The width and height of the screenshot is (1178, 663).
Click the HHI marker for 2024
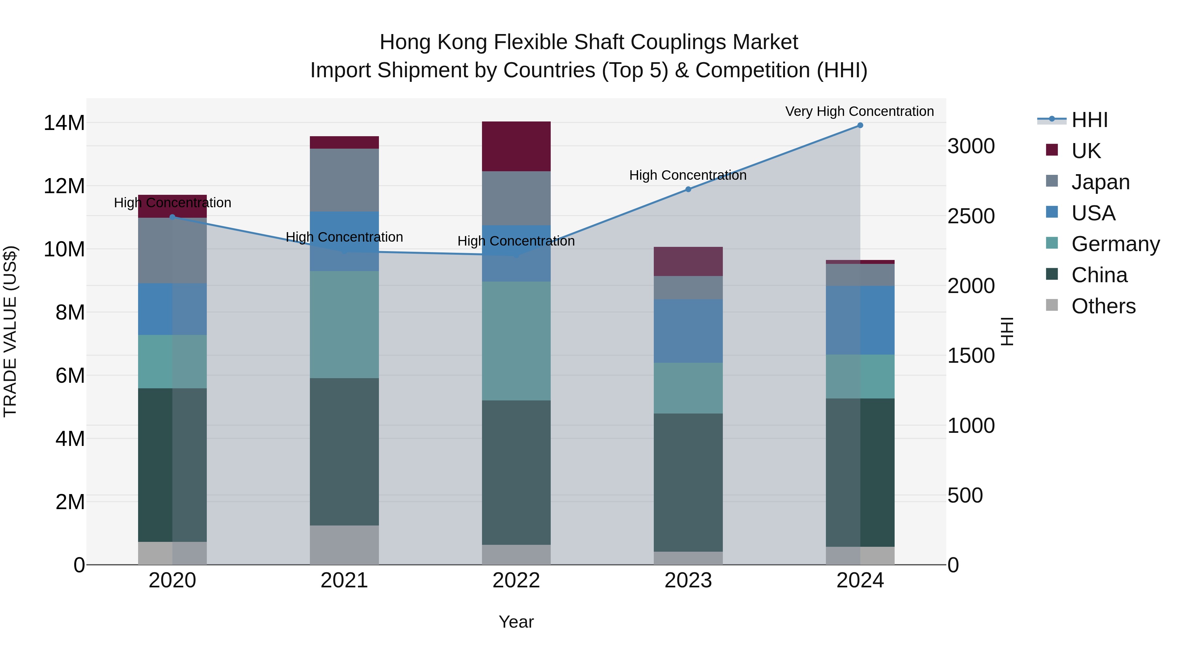[x=860, y=125]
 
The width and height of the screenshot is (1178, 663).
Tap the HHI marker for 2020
[x=172, y=217]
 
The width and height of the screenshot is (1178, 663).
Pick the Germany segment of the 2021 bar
[x=344, y=324]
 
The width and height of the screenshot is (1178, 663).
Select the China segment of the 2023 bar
[x=688, y=482]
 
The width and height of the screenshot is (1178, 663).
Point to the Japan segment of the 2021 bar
[x=344, y=180]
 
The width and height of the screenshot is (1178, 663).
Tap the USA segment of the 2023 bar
[x=688, y=331]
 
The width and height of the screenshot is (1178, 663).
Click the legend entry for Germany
[x=1115, y=244]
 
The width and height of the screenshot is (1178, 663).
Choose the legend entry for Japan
[x=1100, y=182]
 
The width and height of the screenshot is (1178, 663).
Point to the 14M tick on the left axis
[x=64, y=123]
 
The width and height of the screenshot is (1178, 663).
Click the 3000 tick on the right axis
[x=971, y=146]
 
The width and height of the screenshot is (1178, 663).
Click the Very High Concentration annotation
[x=859, y=111]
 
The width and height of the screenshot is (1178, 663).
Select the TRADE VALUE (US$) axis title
[x=10, y=331]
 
